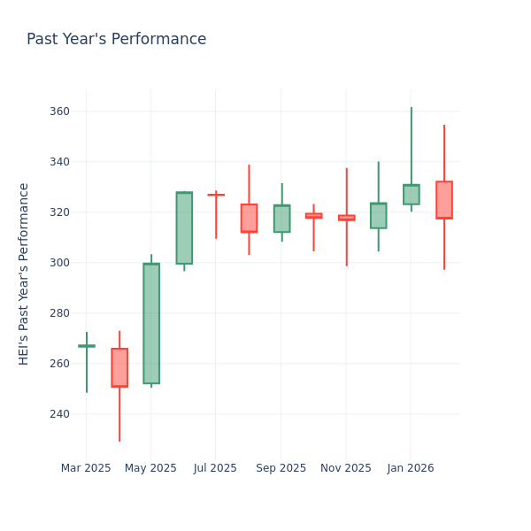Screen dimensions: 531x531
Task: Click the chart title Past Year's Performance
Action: pyautogui.click(x=116, y=40)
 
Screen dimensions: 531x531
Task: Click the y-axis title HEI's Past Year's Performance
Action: pyautogui.click(x=24, y=273)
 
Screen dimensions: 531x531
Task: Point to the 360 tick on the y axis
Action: pyautogui.click(x=58, y=112)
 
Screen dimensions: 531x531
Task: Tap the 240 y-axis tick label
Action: pyautogui.click(x=58, y=414)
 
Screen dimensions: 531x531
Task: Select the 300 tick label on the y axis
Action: pyautogui.click(x=58, y=263)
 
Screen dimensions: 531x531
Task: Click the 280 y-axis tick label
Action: pyautogui.click(x=58, y=313)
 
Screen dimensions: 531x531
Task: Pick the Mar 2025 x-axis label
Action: pyautogui.click(x=86, y=468)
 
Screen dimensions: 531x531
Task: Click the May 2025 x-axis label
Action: pyautogui.click(x=150, y=468)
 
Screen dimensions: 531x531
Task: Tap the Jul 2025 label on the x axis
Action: pyautogui.click(x=215, y=468)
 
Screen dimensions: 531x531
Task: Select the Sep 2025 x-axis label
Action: pyautogui.click(x=281, y=468)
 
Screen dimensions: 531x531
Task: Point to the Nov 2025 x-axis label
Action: pyautogui.click(x=346, y=468)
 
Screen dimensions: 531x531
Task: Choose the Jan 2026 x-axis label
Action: pyautogui.click(x=411, y=468)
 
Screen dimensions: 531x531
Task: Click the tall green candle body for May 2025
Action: pyautogui.click(x=151, y=323)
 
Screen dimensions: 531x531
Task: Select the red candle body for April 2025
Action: pyautogui.click(x=119, y=367)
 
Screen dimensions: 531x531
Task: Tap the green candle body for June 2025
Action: pyautogui.click(x=184, y=228)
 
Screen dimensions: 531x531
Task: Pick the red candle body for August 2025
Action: pyautogui.click(x=249, y=218)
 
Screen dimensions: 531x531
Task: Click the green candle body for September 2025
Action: pyautogui.click(x=281, y=219)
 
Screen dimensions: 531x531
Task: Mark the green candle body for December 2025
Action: pyautogui.click(x=379, y=216)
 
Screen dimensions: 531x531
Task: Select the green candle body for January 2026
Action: pyautogui.click(x=412, y=195)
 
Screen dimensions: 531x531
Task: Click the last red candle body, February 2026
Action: pyautogui.click(x=444, y=200)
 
